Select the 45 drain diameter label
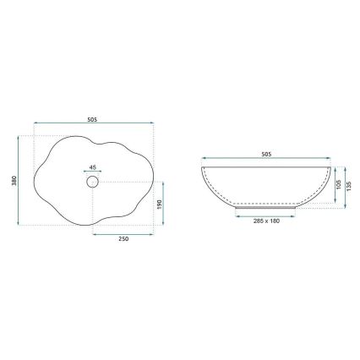(x=93, y=166)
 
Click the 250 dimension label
(x=123, y=239)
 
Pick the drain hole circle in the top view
(x=93, y=181)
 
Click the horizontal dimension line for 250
(x=123, y=232)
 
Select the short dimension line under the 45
(x=93, y=172)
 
